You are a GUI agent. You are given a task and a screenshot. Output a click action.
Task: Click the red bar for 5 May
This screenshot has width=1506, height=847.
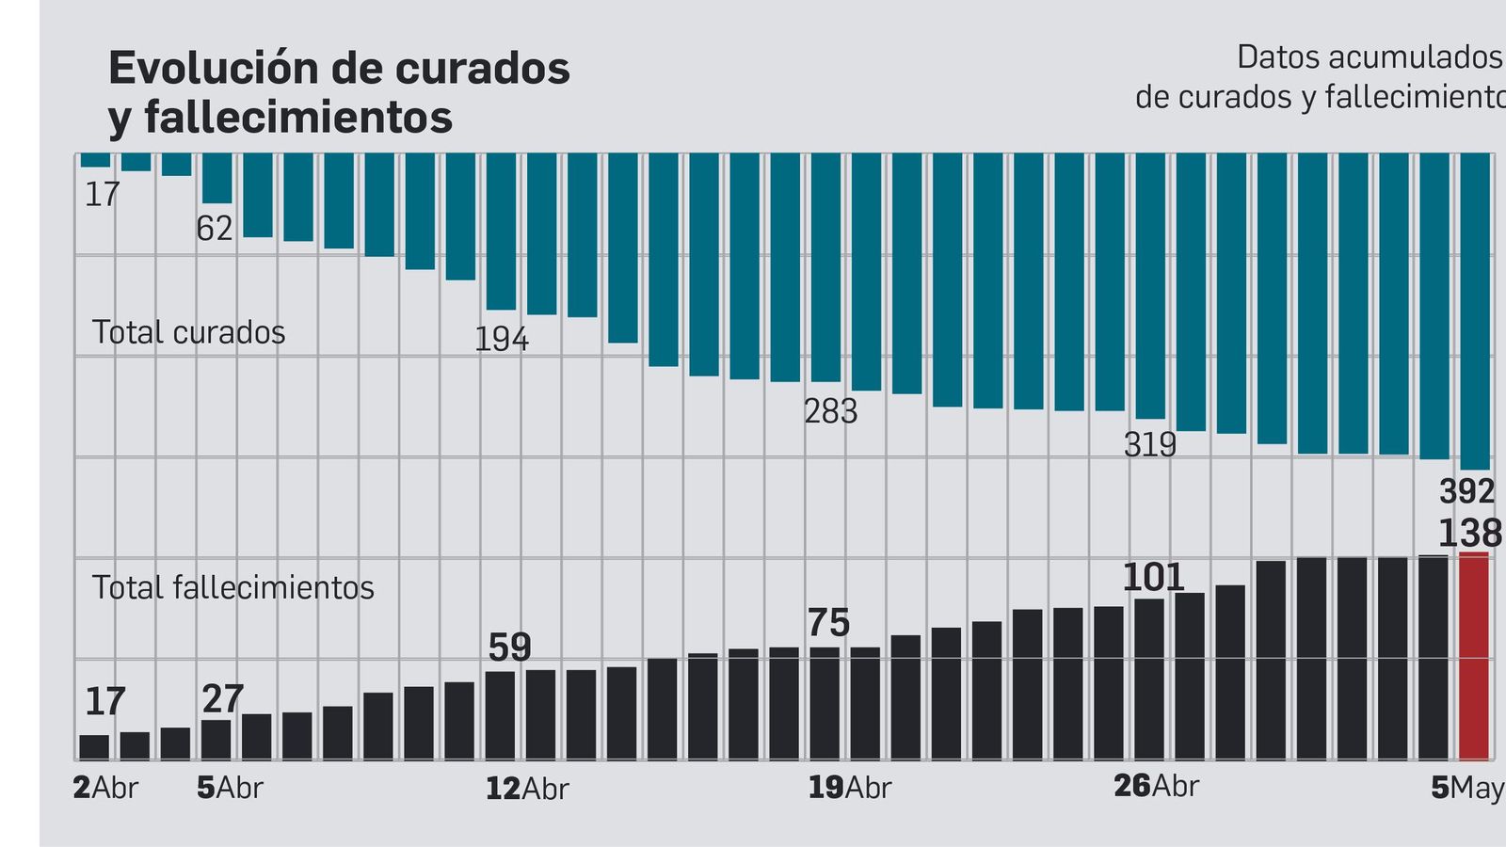tap(1474, 657)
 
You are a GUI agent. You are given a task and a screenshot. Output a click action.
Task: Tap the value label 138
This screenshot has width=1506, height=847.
tap(1469, 534)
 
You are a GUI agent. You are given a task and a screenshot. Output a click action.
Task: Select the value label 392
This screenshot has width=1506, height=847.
tap(1466, 491)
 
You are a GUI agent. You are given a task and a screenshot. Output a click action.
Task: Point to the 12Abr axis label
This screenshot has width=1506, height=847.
tap(527, 789)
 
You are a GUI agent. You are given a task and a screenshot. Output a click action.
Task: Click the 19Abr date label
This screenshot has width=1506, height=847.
tap(849, 788)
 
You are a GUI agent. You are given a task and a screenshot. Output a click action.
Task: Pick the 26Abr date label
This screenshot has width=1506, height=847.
tap(1156, 786)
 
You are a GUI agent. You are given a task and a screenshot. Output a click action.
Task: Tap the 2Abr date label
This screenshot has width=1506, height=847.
tap(104, 788)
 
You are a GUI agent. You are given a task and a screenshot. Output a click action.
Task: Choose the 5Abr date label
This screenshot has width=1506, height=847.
tap(230, 788)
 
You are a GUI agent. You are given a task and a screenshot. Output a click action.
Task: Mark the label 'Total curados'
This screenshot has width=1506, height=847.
tap(188, 332)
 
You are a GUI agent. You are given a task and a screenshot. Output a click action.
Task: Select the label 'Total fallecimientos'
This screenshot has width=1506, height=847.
tap(232, 587)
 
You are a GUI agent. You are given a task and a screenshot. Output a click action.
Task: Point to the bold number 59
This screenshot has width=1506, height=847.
tap(509, 647)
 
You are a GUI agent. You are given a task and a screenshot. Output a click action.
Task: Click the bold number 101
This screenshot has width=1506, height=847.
tap(1153, 577)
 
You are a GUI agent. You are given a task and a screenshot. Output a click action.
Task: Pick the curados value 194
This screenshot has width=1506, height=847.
tap(501, 339)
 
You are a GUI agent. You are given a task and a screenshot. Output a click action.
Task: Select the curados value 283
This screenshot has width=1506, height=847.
tap(830, 411)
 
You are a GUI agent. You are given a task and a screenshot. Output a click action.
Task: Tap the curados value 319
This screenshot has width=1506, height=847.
tap(1149, 444)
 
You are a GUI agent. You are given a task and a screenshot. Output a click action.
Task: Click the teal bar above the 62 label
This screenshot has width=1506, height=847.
tap(216, 178)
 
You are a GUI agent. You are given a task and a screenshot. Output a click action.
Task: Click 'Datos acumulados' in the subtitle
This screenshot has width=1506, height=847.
tap(1369, 56)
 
